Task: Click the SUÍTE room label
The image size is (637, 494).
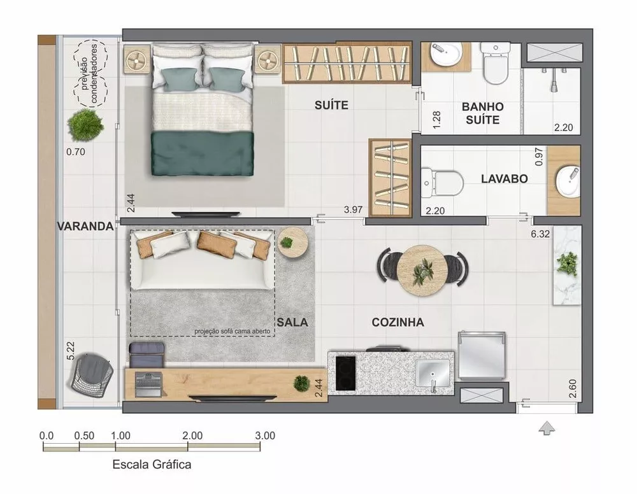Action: click(x=331, y=105)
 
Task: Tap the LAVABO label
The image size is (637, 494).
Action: click(x=504, y=179)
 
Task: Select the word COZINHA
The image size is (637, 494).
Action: click(x=397, y=323)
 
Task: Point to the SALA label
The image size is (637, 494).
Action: click(x=292, y=323)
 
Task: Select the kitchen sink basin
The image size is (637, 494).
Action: click(x=433, y=372)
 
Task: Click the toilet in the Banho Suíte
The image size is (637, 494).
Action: click(x=494, y=64)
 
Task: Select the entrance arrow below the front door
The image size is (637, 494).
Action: click(x=546, y=428)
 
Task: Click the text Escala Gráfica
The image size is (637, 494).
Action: click(x=152, y=465)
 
